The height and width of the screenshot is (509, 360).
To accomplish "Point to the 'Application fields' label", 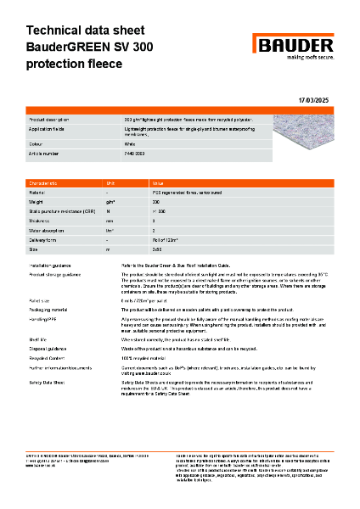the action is click(x=49, y=130).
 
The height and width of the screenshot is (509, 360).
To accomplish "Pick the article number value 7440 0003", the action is click(x=137, y=154).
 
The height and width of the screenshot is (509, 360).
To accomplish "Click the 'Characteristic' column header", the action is click(x=45, y=183).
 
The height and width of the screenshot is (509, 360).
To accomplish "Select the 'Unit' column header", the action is click(x=110, y=183).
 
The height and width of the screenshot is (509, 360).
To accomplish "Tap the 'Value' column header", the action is click(x=158, y=183).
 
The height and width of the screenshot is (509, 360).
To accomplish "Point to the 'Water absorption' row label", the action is click(x=48, y=230).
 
